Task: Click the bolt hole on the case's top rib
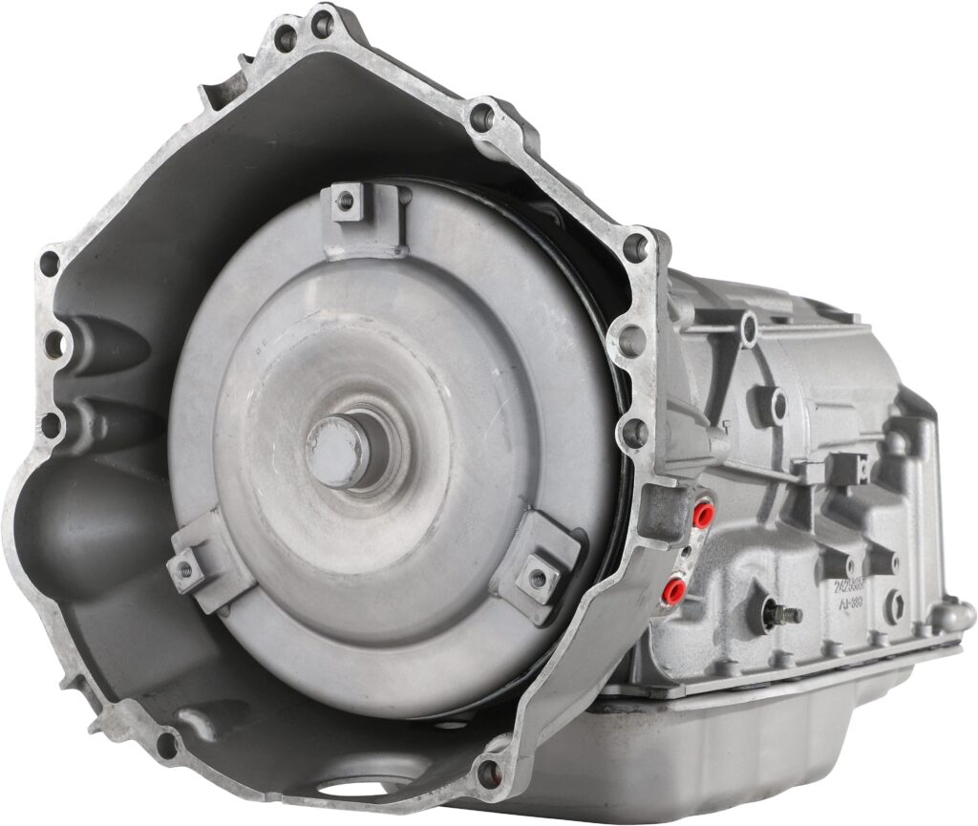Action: click(748, 329)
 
